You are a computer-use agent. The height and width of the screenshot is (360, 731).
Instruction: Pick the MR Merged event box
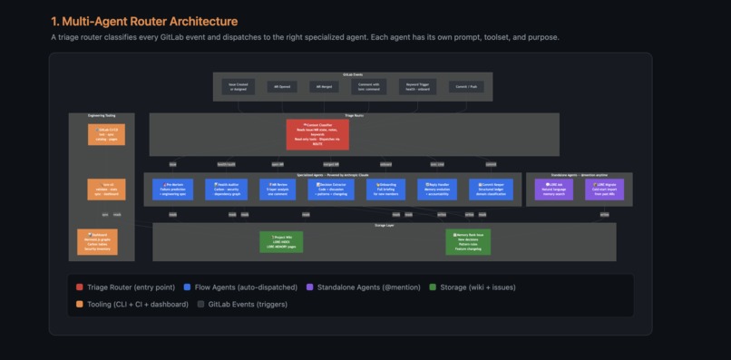click(324, 87)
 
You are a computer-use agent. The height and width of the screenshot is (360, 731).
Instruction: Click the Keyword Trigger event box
click(417, 87)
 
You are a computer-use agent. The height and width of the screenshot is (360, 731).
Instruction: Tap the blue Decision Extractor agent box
click(332, 189)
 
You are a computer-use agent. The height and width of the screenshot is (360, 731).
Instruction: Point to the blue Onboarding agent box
click(385, 189)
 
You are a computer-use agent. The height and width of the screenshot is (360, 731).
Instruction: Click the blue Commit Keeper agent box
click(488, 189)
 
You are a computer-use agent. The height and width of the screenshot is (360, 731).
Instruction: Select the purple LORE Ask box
click(553, 189)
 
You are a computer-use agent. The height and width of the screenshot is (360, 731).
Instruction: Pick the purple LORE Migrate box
click(605, 189)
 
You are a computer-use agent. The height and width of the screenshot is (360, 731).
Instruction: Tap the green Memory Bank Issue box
click(469, 241)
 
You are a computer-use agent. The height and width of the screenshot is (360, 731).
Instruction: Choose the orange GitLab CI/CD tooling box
click(107, 135)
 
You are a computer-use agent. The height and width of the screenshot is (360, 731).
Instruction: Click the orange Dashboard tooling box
click(97, 241)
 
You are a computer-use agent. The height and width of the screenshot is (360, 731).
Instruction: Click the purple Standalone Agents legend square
click(310, 287)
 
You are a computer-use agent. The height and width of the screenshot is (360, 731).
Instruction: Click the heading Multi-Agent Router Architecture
click(145, 21)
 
